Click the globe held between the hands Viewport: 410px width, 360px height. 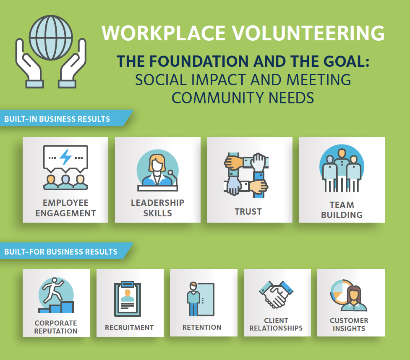[x=51, y=38]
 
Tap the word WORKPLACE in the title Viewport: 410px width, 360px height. [x=164, y=33]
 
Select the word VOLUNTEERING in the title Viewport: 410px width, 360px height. [x=308, y=33]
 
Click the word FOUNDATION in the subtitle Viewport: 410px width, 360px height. [x=199, y=61]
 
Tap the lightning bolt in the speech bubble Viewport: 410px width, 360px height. [x=65, y=157]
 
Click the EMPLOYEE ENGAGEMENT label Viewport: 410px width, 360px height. [x=65, y=208]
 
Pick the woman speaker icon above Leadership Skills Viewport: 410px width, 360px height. [x=158, y=170]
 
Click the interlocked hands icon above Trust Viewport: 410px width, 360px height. [x=246, y=175]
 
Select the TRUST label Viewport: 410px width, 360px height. [x=248, y=212]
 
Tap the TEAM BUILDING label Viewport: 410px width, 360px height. [x=342, y=210]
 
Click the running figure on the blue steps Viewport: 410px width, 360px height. [x=53, y=290]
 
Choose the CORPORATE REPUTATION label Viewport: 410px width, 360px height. [x=56, y=327]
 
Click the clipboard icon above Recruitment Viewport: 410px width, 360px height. [x=128, y=299]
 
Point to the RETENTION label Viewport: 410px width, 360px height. [x=202, y=327]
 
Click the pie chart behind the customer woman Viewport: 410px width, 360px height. [x=339, y=291]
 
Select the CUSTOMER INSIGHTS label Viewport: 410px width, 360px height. [x=349, y=324]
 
